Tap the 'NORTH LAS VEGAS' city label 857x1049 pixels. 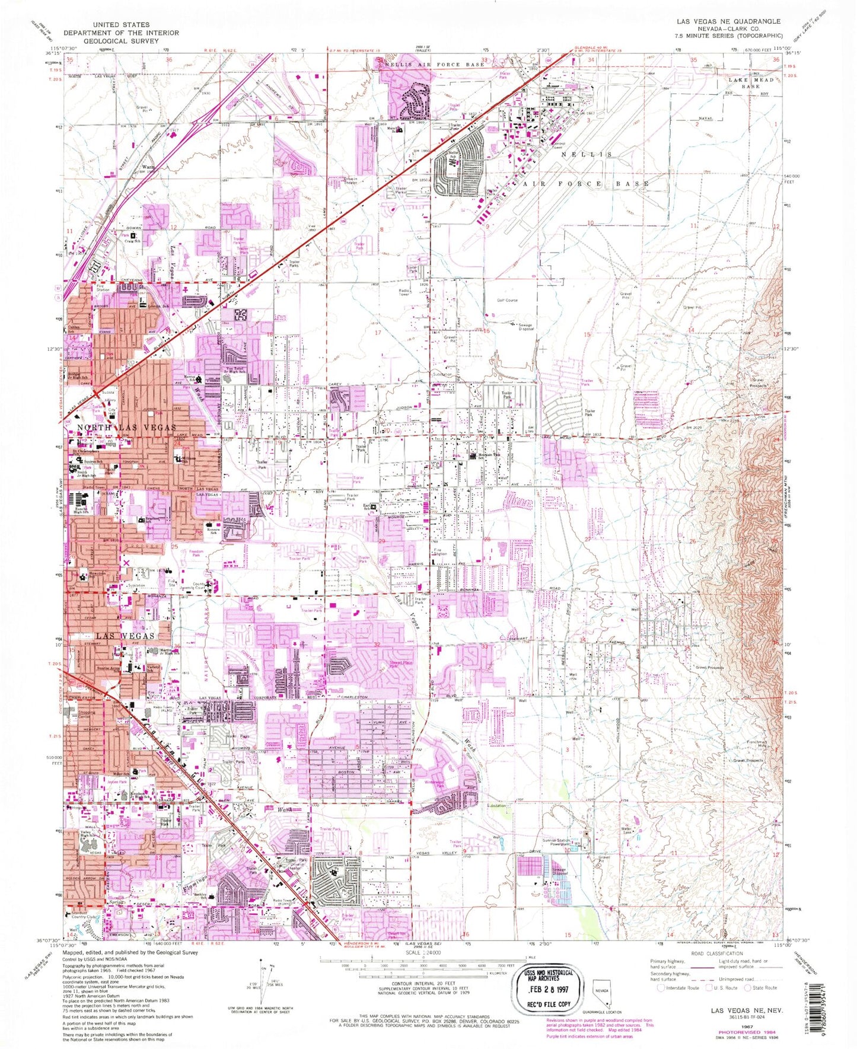pos(126,428)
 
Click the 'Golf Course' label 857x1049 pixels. pos(507,300)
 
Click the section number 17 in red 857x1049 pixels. pos(377,333)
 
